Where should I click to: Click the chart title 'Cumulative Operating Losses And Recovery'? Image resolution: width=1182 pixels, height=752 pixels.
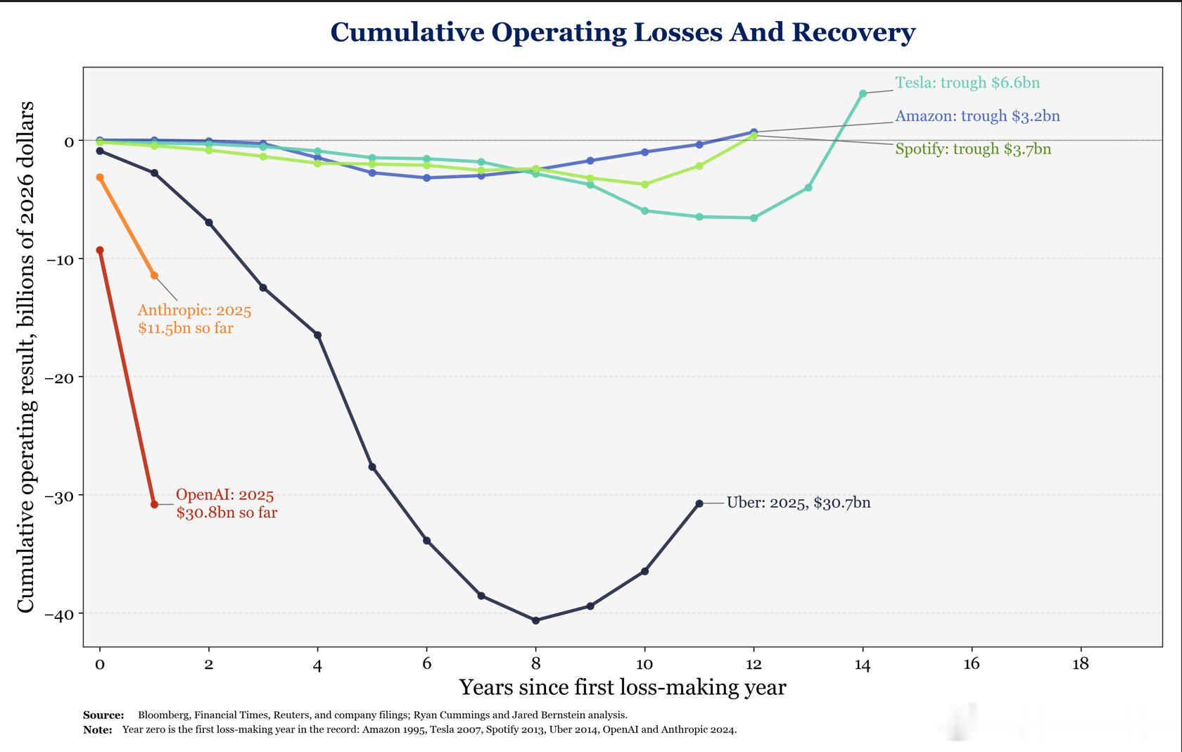click(x=623, y=32)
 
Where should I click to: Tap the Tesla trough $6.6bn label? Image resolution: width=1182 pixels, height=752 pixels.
click(x=967, y=83)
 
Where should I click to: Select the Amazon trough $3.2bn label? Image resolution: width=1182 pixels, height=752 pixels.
click(x=977, y=115)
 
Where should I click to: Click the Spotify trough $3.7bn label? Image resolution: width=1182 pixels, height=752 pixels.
click(x=973, y=149)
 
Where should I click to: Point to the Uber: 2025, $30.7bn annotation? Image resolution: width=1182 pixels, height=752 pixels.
click(x=799, y=502)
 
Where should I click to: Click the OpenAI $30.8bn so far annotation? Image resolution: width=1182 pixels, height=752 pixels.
click(x=227, y=503)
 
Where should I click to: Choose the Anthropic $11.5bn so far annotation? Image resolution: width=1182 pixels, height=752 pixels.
click(x=194, y=319)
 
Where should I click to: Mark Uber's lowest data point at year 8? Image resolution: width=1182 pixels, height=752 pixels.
click(x=535, y=620)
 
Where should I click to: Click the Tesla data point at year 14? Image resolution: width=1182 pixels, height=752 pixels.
click(x=863, y=94)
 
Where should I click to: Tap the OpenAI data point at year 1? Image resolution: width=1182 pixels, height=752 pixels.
click(x=154, y=504)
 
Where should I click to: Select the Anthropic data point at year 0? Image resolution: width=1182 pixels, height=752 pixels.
click(x=100, y=177)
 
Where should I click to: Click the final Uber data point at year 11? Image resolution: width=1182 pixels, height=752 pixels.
click(x=699, y=503)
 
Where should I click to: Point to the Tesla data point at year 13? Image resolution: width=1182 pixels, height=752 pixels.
click(x=808, y=187)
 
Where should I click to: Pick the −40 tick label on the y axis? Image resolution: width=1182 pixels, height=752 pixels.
click(x=60, y=614)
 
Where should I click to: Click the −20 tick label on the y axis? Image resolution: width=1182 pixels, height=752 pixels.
click(x=60, y=377)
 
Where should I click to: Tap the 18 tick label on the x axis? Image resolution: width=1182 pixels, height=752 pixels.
click(x=1080, y=664)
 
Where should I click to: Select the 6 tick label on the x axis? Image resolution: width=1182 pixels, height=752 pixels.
click(x=426, y=664)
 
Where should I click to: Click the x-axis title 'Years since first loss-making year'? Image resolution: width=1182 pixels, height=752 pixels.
click(x=623, y=687)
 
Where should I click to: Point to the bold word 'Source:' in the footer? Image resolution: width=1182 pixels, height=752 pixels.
click(x=103, y=715)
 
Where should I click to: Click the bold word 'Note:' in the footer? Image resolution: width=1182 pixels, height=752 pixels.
click(x=98, y=729)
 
